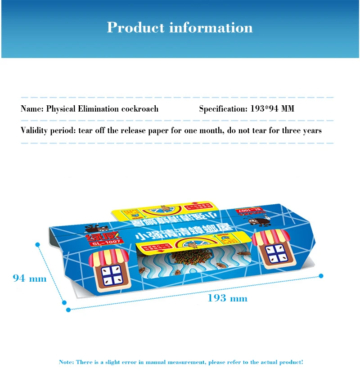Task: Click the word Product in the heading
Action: pos(135,28)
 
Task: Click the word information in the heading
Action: pos(211,28)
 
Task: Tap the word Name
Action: pos(31,109)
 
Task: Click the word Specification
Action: pos(221,109)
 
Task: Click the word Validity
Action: pos(35,131)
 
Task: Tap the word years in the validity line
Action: pos(311,131)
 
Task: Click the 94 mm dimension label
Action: pos(30,279)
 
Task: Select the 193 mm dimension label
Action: pos(227,298)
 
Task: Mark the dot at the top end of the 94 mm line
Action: pos(38,244)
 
